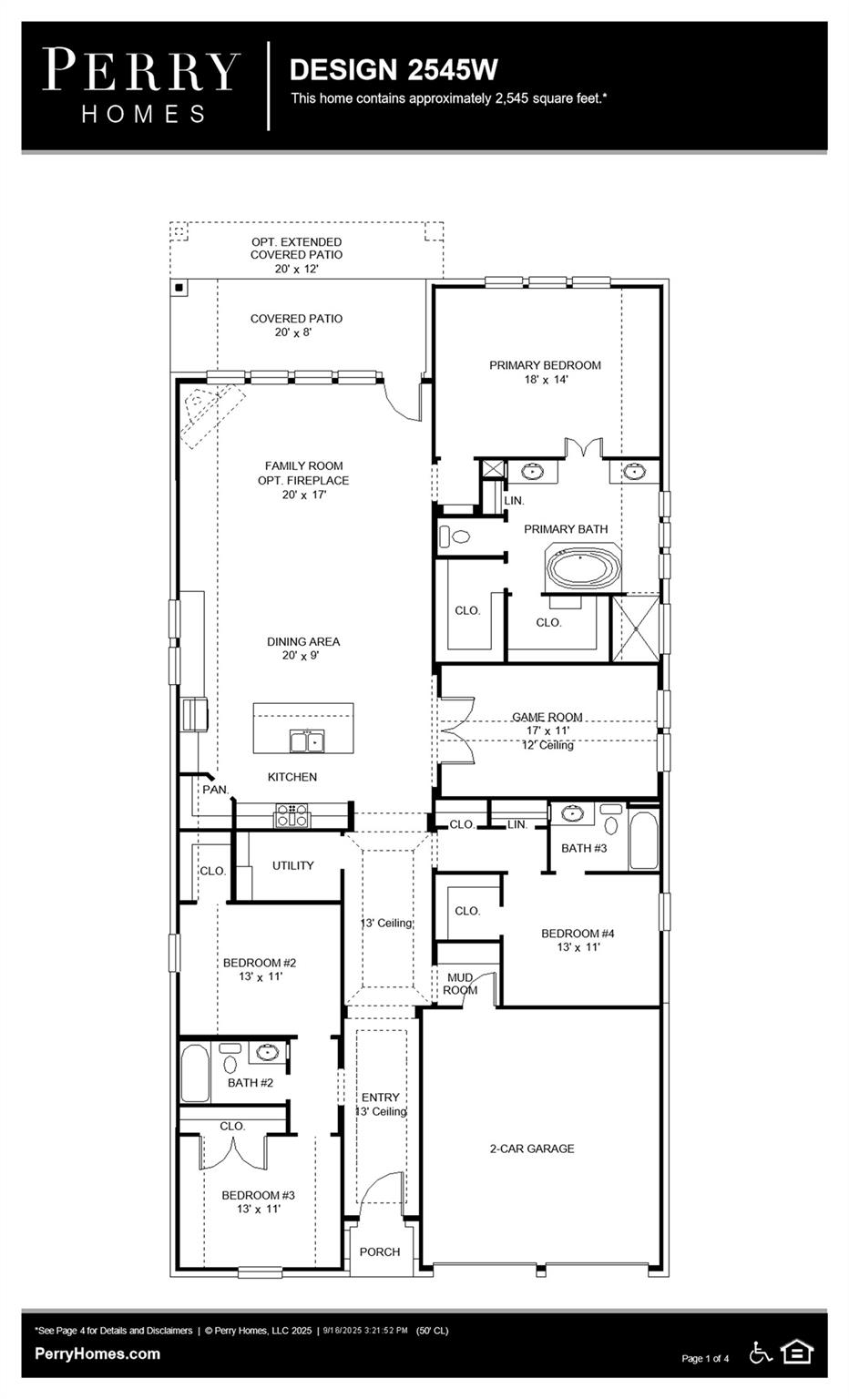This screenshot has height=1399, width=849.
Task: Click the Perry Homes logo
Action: point(141,85)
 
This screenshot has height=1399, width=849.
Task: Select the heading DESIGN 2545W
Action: point(394,69)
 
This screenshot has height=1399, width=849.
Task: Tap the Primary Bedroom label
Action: point(545,372)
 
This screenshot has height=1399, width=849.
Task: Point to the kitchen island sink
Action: point(308,741)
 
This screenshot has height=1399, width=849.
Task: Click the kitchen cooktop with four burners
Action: point(292,814)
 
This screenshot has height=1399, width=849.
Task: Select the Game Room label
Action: point(547,717)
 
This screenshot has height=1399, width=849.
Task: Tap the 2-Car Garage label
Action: point(532,1149)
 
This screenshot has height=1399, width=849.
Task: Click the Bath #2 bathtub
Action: point(195,1074)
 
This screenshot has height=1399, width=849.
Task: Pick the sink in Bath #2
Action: point(267,1053)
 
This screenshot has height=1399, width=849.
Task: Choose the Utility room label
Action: point(292,865)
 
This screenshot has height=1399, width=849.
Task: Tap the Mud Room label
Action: point(460,984)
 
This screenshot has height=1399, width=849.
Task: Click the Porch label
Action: point(380,1251)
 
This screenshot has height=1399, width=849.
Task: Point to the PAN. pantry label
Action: point(216,790)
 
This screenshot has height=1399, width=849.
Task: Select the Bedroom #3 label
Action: point(258,1201)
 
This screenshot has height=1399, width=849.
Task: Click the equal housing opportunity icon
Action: point(797,1352)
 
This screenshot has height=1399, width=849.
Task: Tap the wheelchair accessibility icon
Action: point(761,1353)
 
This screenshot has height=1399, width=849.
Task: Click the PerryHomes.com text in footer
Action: point(97,1353)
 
